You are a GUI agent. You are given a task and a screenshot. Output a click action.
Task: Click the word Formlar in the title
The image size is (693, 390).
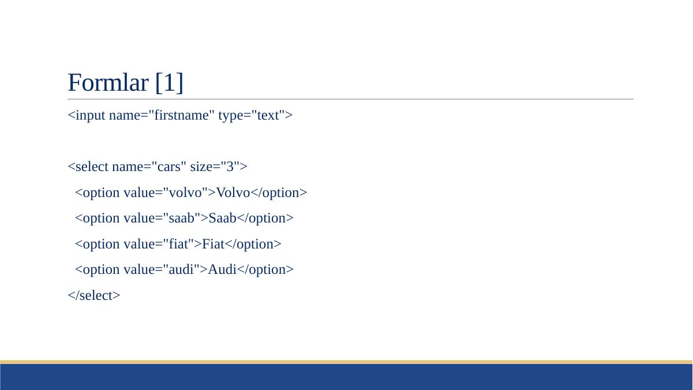tap(108, 83)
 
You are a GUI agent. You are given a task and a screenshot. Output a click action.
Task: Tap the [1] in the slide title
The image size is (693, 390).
tap(170, 83)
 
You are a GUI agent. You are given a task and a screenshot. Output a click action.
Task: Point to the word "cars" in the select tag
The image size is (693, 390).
tap(168, 166)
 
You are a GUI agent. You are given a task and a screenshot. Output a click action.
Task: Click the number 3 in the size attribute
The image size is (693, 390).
tap(230, 166)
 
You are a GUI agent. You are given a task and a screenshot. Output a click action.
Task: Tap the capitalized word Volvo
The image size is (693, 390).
tap(233, 192)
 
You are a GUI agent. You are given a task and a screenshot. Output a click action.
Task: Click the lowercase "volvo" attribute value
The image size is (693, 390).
tap(185, 192)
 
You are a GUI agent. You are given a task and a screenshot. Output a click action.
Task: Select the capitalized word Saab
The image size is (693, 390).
tap(222, 218)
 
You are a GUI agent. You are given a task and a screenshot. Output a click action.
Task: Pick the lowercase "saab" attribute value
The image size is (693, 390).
tap(182, 218)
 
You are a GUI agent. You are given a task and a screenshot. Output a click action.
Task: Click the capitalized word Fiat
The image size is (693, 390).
tap(213, 244)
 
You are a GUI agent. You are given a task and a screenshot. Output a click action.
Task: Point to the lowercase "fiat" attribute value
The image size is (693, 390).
tap(178, 244)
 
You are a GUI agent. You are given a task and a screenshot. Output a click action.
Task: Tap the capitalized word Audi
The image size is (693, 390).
tap(222, 269)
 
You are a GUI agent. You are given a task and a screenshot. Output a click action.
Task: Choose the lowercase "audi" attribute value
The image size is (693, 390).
tap(181, 269)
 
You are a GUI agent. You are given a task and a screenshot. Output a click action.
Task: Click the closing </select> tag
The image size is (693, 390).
tap(94, 295)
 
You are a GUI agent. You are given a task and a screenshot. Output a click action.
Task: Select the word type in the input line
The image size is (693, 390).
tap(230, 116)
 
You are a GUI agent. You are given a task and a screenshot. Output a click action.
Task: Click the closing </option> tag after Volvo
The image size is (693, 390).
tap(279, 193)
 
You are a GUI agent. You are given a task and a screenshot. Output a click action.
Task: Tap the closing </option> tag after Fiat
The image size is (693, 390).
tap(253, 244)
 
